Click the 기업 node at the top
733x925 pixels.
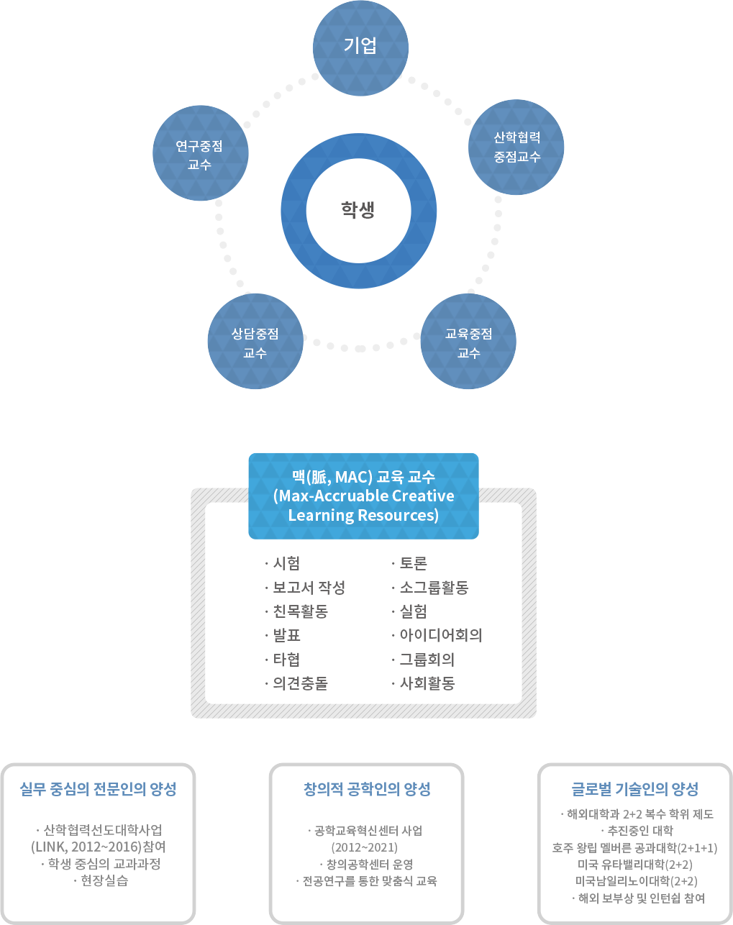360,47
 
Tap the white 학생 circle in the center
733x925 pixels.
358,210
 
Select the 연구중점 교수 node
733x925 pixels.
200,154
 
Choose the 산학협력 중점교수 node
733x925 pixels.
517,147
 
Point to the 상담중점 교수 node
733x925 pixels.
255,342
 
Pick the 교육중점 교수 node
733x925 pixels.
468,342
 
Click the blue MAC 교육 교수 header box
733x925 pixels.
363,496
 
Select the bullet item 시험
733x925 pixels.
286,563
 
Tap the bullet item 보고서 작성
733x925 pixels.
309,588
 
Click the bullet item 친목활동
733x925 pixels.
300,611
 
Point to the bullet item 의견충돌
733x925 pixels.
300,683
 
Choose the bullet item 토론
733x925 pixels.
413,563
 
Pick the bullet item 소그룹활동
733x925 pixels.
434,588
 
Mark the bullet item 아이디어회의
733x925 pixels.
440,635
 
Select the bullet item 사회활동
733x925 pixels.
427,683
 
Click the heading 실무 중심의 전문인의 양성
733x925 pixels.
98,789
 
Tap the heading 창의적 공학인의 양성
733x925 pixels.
367,789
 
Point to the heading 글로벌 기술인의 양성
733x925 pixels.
634,789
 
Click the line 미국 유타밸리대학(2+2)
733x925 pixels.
634,865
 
